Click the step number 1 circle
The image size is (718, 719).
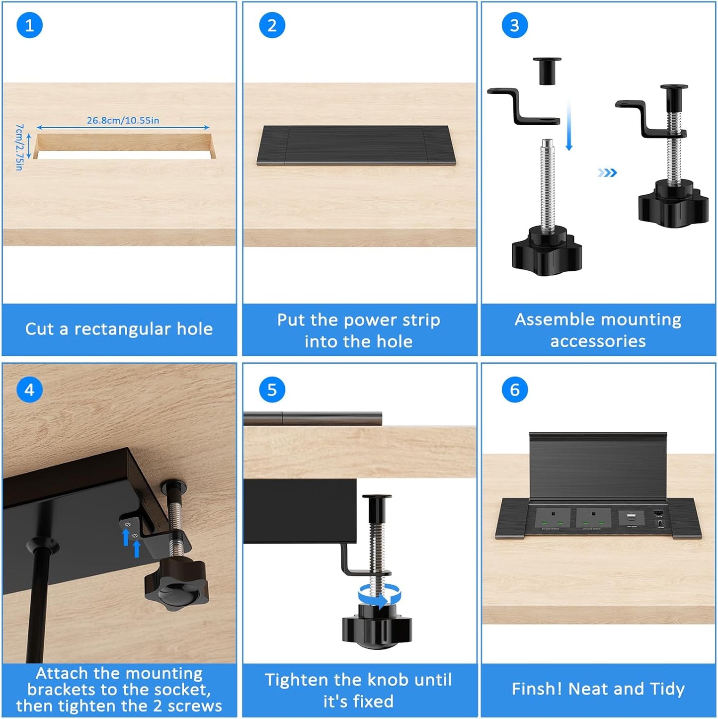(29, 25)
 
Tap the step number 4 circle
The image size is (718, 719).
(29, 390)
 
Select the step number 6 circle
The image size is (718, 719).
(514, 390)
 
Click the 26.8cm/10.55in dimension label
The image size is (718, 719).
(123, 120)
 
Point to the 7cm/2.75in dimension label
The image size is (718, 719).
(19, 147)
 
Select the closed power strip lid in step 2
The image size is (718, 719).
(356, 145)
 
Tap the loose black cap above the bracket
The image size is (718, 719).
(547, 70)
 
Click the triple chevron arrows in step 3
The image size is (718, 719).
(607, 172)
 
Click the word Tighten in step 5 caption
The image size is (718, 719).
(295, 680)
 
